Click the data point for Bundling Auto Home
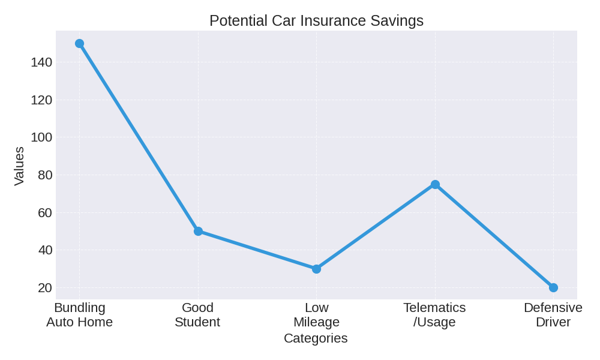(79, 44)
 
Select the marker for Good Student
(198, 231)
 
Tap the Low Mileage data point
(316, 269)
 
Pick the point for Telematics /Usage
(435, 184)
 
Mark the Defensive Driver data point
(553, 287)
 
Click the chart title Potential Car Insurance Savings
(316, 20)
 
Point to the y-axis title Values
(19, 166)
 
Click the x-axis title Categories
(316, 338)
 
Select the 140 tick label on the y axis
(41, 62)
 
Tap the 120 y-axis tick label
(41, 100)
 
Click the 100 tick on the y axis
(41, 137)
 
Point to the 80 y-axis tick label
(45, 175)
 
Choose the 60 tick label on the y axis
(45, 212)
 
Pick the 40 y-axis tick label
(45, 250)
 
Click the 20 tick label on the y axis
(45, 287)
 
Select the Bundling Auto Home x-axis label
(79, 315)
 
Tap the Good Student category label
(197, 315)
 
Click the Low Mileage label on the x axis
(316, 315)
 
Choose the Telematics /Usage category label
(434, 315)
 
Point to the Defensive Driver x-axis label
(553, 315)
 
